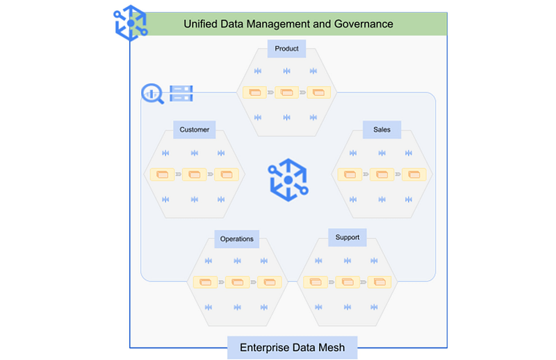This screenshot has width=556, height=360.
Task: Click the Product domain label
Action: click(x=286, y=49)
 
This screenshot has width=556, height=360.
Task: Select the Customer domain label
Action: click(x=194, y=130)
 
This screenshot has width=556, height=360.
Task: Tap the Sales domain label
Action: click(x=382, y=130)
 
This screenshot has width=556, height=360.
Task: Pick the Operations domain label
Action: click(x=236, y=239)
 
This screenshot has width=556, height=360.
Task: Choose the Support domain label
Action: click(x=347, y=238)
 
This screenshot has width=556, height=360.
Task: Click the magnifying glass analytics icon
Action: click(x=153, y=94)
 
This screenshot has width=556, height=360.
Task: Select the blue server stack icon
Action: click(x=181, y=93)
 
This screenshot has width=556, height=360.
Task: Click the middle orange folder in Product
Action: click(x=286, y=92)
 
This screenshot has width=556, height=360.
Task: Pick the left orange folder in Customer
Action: click(x=163, y=174)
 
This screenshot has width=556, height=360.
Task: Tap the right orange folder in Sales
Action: click(x=414, y=174)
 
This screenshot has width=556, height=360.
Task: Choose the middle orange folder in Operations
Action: click(x=236, y=283)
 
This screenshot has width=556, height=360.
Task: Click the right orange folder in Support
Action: click(x=379, y=281)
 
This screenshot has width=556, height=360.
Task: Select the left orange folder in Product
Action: click(x=255, y=92)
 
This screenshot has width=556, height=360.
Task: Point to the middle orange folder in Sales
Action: click(x=382, y=174)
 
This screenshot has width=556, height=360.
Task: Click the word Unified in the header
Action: click(x=202, y=24)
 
